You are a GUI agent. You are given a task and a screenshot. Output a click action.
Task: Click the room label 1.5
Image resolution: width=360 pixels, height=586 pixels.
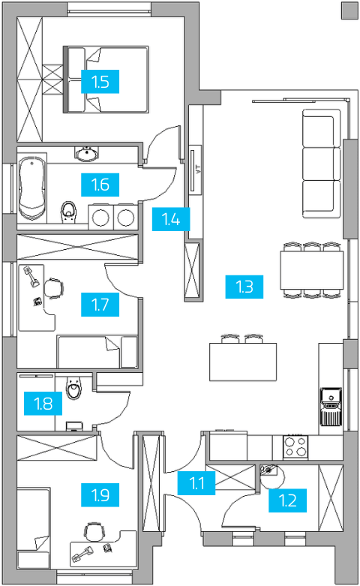100,81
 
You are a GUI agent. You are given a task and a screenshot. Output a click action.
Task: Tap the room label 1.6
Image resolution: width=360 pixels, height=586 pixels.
100,185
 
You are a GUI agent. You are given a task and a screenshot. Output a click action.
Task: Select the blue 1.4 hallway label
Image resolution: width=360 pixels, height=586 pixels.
171,219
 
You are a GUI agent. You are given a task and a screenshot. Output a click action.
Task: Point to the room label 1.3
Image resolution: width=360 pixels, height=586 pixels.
244,287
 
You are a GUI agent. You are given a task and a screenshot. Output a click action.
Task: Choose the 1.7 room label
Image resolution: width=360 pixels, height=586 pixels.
100,305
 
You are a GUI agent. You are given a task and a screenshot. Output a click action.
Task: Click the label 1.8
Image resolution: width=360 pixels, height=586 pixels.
43,403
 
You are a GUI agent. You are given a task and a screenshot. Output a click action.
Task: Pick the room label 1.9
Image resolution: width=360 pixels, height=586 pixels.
100,495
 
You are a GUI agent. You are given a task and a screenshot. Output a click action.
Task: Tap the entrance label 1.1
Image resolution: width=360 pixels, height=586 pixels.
196,483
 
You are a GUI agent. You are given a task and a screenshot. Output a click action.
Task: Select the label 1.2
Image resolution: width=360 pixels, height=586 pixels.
287,500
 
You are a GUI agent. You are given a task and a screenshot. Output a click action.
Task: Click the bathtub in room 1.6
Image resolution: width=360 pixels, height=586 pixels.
32,188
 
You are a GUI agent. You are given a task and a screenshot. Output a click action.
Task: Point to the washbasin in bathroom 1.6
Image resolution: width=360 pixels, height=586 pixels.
87,154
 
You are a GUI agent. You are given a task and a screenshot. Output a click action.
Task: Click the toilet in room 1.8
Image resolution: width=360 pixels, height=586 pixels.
73,388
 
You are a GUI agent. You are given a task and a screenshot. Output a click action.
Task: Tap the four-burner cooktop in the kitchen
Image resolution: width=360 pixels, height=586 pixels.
295,447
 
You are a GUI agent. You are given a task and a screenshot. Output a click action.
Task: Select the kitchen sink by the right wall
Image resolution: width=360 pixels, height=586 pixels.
331,407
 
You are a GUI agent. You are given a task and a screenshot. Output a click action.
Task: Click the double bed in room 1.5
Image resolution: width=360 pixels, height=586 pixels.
106,80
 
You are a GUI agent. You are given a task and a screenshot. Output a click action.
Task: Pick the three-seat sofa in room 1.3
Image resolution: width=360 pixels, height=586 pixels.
322,164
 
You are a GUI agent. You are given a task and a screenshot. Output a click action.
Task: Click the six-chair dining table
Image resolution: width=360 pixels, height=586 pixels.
312,270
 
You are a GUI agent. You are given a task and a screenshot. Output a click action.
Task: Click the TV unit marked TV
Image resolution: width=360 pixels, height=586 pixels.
195,170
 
